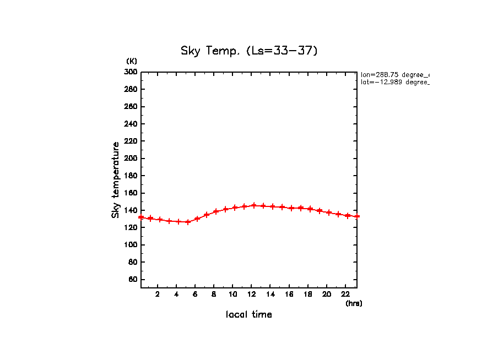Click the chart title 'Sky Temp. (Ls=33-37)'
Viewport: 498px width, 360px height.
pyautogui.click(x=249, y=51)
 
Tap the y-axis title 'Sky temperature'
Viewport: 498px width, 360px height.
pyautogui.click(x=116, y=179)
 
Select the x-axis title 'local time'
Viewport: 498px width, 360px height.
pyautogui.click(x=248, y=314)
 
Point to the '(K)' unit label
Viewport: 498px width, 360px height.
pyautogui.click(x=132, y=61)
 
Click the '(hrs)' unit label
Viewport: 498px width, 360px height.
pyautogui.click(x=354, y=303)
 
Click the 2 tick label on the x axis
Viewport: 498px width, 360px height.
pyautogui.click(x=158, y=294)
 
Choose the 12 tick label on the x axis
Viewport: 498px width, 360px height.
pyautogui.click(x=252, y=294)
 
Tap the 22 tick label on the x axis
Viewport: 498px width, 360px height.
pyautogui.click(x=345, y=294)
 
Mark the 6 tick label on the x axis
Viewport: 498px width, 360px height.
pyautogui.click(x=195, y=294)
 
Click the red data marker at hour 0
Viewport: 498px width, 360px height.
pyautogui.click(x=141, y=217)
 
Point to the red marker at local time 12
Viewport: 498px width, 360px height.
pyautogui.click(x=254, y=205)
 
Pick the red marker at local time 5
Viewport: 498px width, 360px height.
pyautogui.click(x=188, y=222)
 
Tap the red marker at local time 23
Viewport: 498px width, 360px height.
pyautogui.click(x=357, y=216)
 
